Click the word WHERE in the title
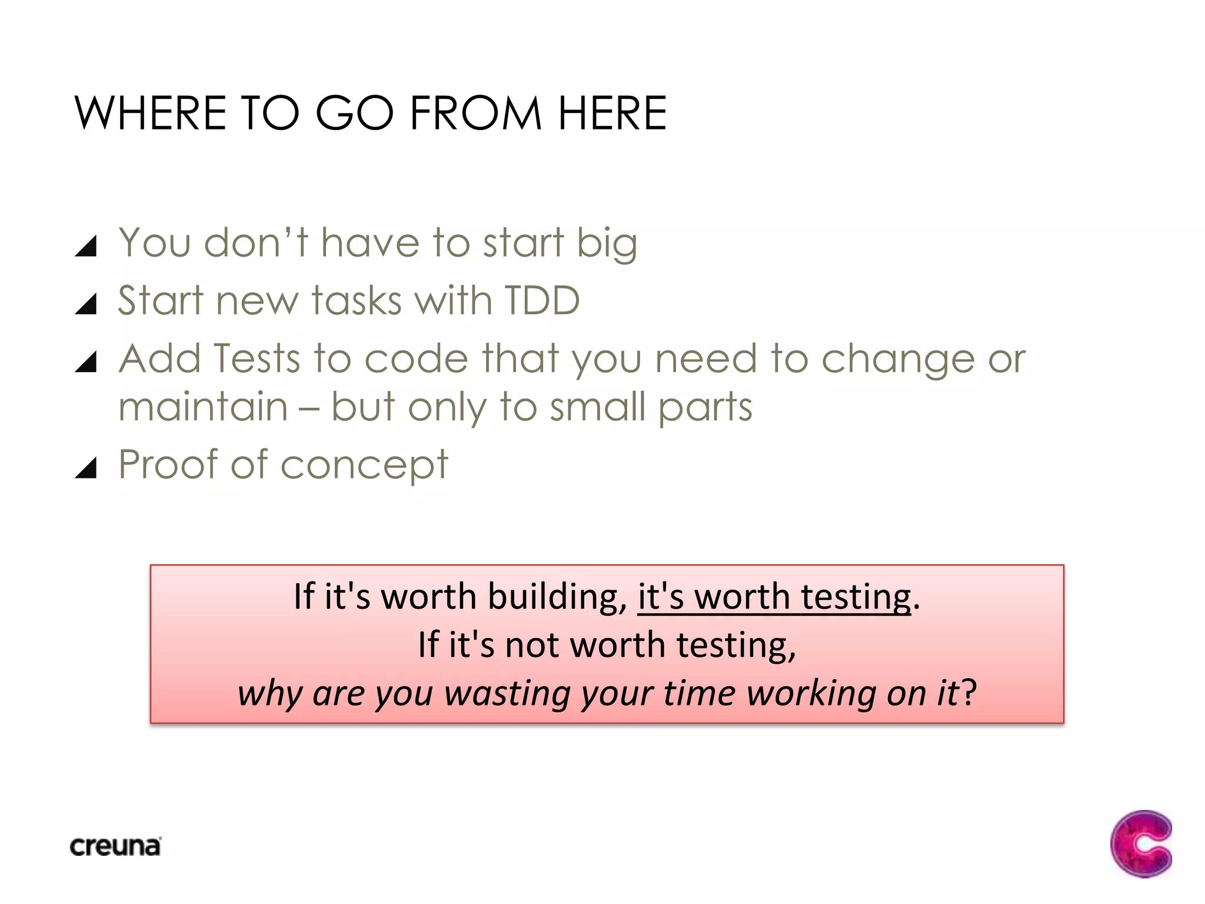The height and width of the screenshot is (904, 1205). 150,113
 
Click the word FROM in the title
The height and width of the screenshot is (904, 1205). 475,113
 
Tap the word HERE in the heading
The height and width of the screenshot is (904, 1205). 612,113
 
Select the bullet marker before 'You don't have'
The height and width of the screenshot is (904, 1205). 86,246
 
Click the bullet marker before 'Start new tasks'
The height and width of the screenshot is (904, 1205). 86,304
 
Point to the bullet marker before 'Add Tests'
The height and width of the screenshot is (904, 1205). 86,361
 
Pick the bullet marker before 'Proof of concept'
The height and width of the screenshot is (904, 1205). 86,467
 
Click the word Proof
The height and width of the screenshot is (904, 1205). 168,464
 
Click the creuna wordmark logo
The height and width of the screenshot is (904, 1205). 115,846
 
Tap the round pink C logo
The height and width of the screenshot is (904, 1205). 1141,843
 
